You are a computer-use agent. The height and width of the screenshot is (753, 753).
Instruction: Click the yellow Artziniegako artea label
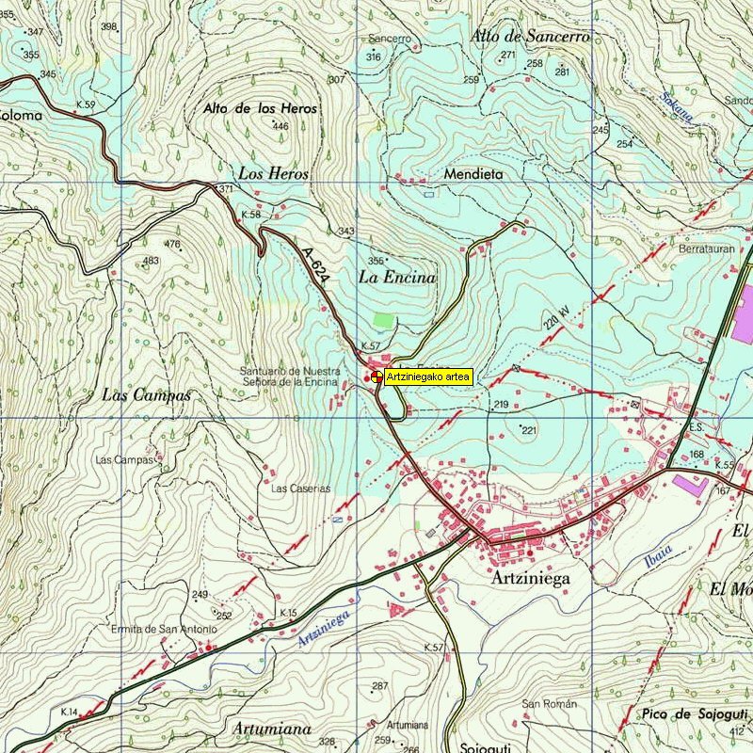click(428, 376)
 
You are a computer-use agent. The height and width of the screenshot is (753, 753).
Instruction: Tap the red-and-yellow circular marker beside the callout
click(376, 376)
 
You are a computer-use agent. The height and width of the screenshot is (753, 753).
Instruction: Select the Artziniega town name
click(531, 579)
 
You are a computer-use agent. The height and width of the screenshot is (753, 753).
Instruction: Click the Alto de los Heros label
click(260, 108)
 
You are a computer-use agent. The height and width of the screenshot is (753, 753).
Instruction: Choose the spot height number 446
click(280, 126)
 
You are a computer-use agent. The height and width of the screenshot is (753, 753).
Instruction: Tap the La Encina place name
click(397, 278)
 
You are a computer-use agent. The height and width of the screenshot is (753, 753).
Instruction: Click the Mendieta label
click(473, 174)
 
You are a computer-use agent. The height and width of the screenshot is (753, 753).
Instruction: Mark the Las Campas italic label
click(146, 395)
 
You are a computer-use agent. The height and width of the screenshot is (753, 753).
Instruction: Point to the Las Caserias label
click(301, 489)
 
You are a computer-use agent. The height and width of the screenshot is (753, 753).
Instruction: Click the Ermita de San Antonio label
click(164, 629)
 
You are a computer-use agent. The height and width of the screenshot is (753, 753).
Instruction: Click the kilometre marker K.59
click(86, 104)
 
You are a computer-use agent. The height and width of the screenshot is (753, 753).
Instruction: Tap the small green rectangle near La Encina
click(382, 320)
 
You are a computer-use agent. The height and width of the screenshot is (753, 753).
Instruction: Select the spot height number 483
click(151, 261)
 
